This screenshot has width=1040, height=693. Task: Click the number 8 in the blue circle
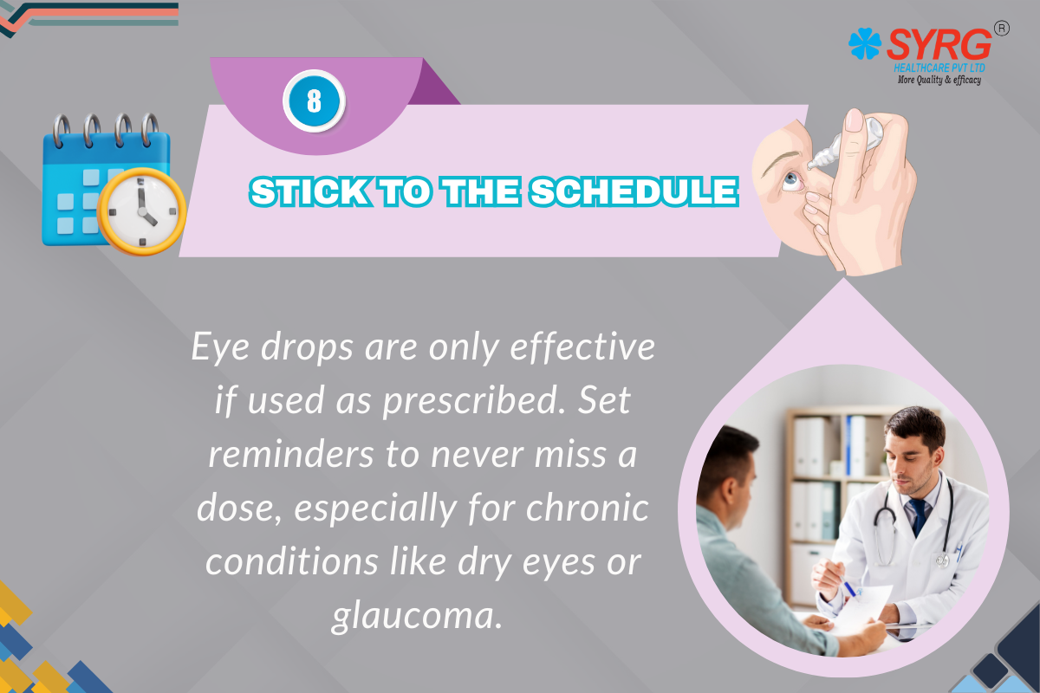pos(315,100)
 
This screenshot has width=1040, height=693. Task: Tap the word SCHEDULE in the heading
pos(634,191)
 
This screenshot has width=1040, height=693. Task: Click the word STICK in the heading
pos(310,191)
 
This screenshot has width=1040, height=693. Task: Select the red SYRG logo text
pos(939,44)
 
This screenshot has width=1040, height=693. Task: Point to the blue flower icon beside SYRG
pos(865,43)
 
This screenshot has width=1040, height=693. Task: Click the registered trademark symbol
pos(1002,29)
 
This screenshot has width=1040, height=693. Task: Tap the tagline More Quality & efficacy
pos(939,80)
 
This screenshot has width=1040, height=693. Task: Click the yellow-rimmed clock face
pos(142,211)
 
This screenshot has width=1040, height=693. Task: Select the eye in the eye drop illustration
pos(790,179)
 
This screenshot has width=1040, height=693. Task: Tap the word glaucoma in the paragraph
pos(418,617)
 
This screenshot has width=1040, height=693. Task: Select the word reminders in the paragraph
pos(290,454)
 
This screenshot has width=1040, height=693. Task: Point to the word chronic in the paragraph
pos(587,508)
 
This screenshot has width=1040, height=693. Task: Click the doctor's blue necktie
pos(919,516)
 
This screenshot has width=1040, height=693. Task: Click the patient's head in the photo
pos(728,474)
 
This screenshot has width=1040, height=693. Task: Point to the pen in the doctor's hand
pos(849,587)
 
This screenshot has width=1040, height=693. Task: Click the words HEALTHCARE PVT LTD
pos(939,68)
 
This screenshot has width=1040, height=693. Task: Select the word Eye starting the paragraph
pos(221,347)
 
